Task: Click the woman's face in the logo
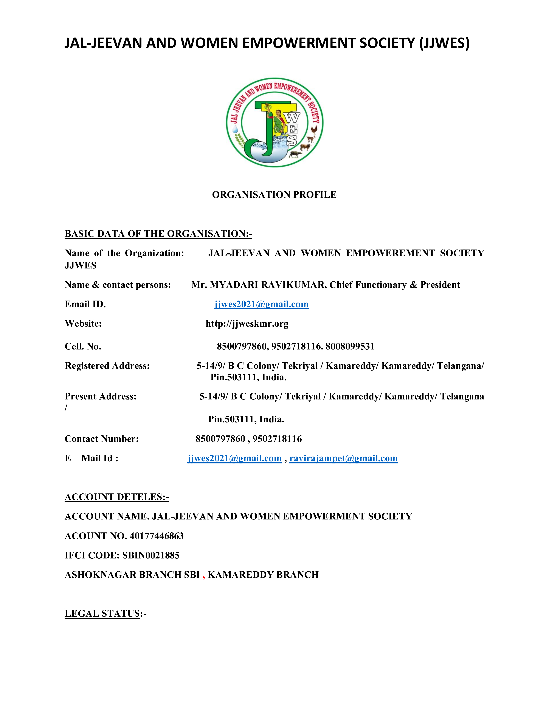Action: [x=278, y=113]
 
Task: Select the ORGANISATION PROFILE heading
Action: [x=274, y=195]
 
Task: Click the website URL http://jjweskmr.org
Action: [x=247, y=324]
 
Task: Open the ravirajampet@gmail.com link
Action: [x=343, y=458]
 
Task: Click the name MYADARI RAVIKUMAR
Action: [x=268, y=285]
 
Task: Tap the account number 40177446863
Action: [x=157, y=536]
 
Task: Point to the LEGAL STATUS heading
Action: [x=102, y=613]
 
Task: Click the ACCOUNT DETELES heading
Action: [x=116, y=497]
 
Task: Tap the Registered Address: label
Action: [x=107, y=366]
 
